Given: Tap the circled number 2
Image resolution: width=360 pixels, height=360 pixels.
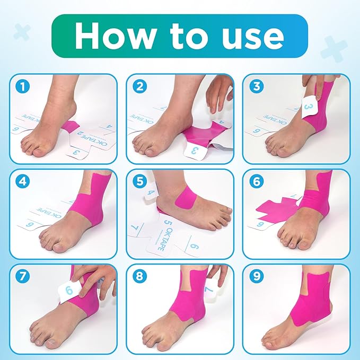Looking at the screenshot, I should (139, 86).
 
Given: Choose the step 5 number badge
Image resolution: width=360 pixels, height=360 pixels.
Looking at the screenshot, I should (139, 181).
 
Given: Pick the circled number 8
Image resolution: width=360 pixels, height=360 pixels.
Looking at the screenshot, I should (139, 277).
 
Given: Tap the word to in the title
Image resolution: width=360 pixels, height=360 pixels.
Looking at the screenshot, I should (190, 36).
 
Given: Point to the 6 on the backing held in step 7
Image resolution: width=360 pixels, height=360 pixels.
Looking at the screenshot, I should (69, 291).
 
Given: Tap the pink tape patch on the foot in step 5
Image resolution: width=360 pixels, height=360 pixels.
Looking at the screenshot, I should (186, 199).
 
